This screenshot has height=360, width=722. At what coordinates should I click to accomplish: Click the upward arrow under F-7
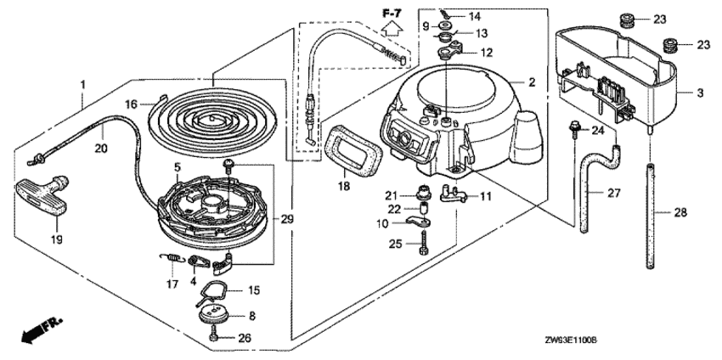(392, 28)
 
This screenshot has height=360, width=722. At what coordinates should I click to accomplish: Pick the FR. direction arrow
(39, 330)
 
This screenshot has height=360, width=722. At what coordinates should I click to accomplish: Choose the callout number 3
(702, 92)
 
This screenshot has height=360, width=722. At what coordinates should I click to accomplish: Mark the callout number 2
(531, 82)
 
